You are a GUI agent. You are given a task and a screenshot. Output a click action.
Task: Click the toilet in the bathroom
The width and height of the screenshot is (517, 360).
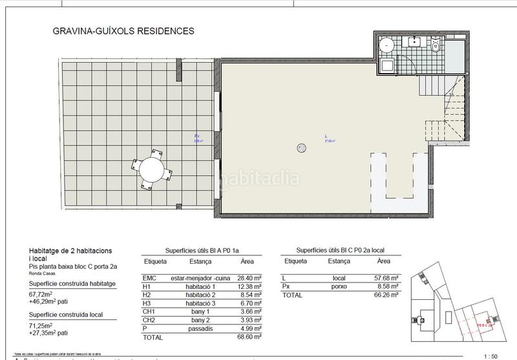click(436, 47)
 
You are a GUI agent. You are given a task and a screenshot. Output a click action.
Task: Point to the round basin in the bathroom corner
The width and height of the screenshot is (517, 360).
click(386, 45)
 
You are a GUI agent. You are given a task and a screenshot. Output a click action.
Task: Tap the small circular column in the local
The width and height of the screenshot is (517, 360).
click(301, 147)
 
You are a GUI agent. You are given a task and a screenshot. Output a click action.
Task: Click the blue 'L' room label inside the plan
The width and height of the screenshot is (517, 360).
click(326, 136)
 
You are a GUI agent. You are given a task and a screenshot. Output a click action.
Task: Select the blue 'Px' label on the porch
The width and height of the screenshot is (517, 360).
click(196, 136)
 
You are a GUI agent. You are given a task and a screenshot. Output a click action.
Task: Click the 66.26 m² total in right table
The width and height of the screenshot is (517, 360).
click(386, 295)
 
